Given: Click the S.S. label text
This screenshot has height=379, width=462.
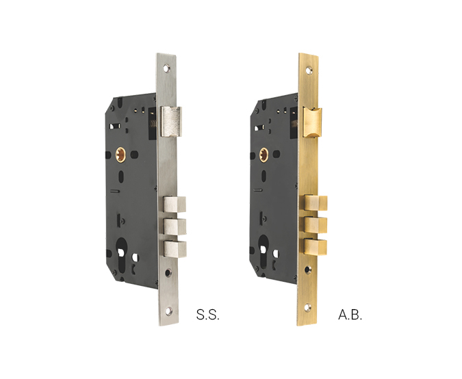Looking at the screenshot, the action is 207,315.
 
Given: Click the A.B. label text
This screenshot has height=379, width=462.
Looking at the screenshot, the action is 350,315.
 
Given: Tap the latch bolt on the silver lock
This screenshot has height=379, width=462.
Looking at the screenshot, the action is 171,122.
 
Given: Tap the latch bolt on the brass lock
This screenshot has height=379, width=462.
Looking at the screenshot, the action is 313,122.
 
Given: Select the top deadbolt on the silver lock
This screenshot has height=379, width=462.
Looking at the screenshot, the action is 175,205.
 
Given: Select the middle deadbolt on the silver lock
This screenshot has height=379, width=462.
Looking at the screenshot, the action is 175,226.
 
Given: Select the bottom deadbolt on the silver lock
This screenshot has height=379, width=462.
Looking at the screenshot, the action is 175,249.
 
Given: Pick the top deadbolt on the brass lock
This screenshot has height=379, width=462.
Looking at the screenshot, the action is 316,203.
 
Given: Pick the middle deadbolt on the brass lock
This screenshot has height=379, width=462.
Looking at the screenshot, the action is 316,224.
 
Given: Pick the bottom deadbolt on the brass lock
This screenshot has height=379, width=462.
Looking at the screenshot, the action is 316,248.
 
